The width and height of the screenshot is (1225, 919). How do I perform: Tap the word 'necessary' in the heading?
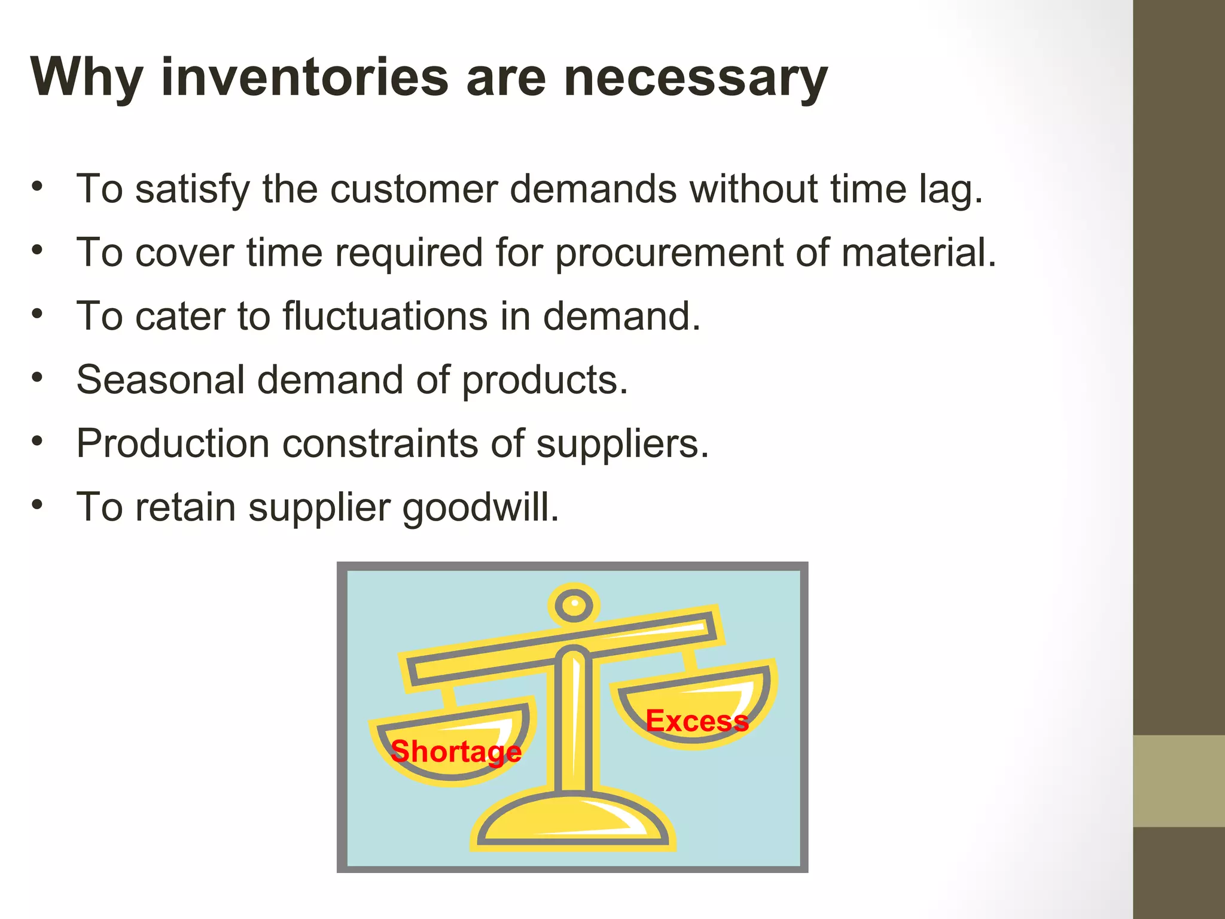695,78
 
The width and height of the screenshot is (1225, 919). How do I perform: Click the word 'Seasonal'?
161,380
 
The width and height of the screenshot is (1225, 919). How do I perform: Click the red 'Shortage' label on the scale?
456,751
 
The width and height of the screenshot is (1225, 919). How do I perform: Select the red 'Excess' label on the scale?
697,721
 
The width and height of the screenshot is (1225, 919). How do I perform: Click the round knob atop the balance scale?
574,604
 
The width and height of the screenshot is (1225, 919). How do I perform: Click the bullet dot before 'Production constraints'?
38,442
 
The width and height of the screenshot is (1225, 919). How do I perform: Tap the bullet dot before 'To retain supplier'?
38,505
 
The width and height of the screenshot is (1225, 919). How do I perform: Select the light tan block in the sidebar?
1178,781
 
